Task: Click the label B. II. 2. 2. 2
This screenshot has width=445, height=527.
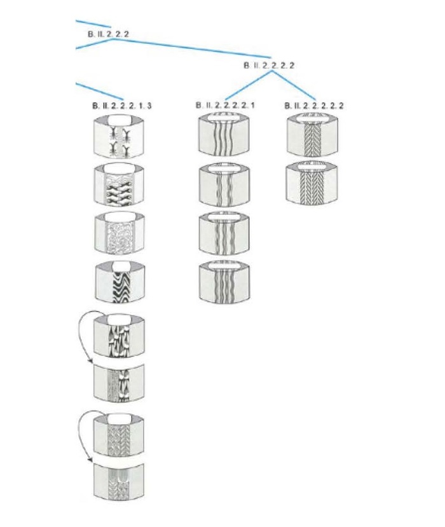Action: click(x=108, y=32)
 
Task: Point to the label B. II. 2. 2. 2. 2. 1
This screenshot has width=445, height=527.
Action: click(x=225, y=106)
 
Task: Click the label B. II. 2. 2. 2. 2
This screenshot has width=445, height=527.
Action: click(x=269, y=65)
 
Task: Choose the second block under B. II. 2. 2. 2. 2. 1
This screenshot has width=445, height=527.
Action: click(x=224, y=185)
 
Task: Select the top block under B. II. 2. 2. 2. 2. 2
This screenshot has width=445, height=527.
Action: click(x=311, y=135)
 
